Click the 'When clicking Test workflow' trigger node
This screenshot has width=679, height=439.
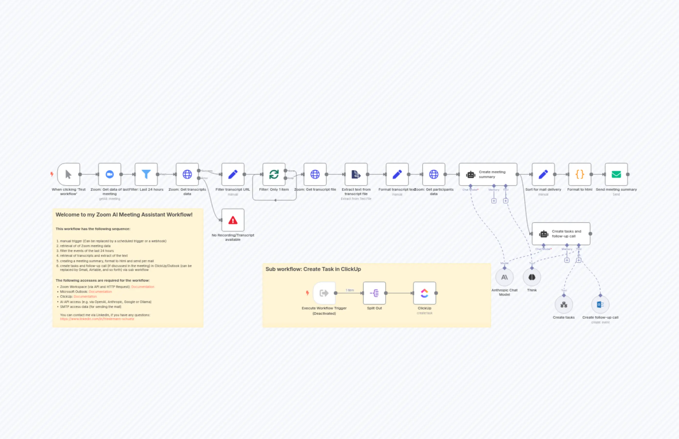pos(68,174)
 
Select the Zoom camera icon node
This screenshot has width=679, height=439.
pos(109,174)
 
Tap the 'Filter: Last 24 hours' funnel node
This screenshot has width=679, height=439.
pos(146,174)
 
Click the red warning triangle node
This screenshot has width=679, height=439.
pos(233,220)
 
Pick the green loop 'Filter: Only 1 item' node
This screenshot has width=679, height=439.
pos(274,174)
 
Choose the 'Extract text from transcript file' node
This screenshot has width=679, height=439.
pos(356,174)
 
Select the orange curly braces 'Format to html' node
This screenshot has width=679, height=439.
pos(580,174)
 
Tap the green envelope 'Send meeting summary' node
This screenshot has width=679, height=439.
pos(616,174)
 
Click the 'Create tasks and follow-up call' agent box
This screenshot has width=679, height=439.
pos(561,234)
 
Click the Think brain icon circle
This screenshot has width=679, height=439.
pos(531,277)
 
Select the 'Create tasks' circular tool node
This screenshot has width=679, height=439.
pos(563,305)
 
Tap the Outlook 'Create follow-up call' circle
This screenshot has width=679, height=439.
pos(600,305)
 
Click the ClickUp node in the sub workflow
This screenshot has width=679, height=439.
pos(424,293)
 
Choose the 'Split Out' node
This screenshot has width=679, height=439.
pos(374,293)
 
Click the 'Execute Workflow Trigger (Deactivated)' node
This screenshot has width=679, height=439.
pos(324,293)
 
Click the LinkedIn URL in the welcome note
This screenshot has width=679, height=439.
pos(97,319)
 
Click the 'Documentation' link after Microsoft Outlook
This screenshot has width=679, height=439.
pos(100,292)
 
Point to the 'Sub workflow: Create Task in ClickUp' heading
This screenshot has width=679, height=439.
pos(313,269)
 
